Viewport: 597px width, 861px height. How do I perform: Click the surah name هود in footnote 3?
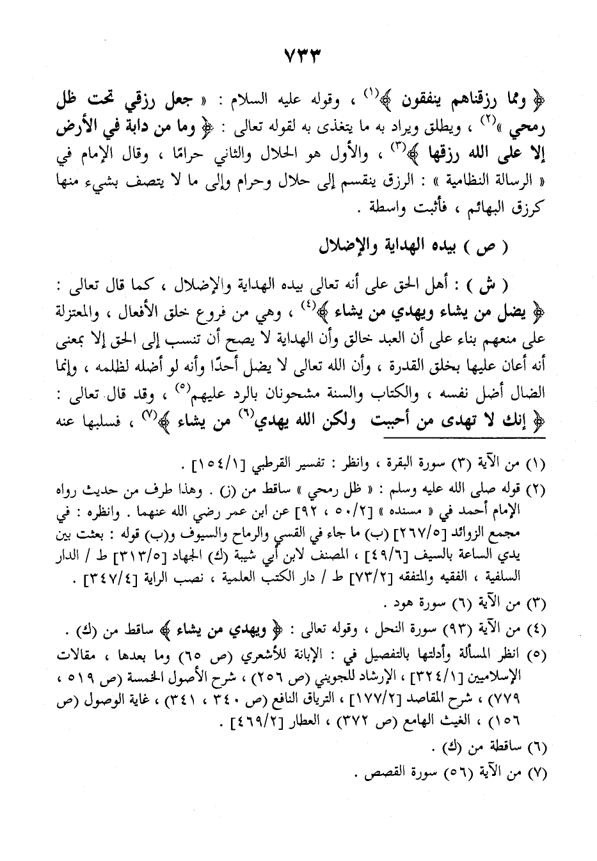(401, 603)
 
